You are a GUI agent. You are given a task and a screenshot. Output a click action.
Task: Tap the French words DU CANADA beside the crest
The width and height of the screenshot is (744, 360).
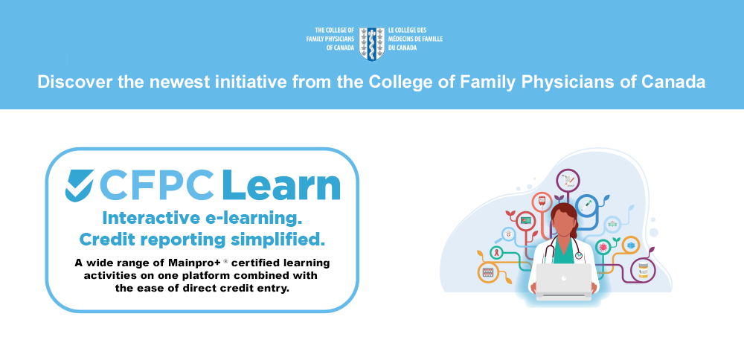click(403, 48)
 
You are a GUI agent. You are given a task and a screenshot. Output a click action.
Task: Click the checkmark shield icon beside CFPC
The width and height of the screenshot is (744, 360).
click(80, 185)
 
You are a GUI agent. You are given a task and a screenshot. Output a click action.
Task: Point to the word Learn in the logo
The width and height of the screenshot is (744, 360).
click(281, 184)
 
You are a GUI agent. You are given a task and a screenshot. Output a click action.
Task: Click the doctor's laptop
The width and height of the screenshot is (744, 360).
click(564, 282)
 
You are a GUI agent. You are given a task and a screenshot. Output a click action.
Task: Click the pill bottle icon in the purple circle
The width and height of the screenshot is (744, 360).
click(643, 270)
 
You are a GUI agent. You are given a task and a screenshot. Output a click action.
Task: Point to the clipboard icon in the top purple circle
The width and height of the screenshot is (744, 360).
click(568, 181)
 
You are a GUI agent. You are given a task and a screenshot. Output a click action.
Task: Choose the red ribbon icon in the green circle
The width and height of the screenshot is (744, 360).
click(497, 252)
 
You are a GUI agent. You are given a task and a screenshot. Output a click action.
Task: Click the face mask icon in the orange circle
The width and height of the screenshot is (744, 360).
click(631, 245)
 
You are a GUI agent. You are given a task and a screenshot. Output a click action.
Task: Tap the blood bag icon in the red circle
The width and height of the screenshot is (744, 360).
click(542, 202)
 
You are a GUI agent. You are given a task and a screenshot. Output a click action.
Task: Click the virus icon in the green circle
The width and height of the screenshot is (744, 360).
click(603, 247)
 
